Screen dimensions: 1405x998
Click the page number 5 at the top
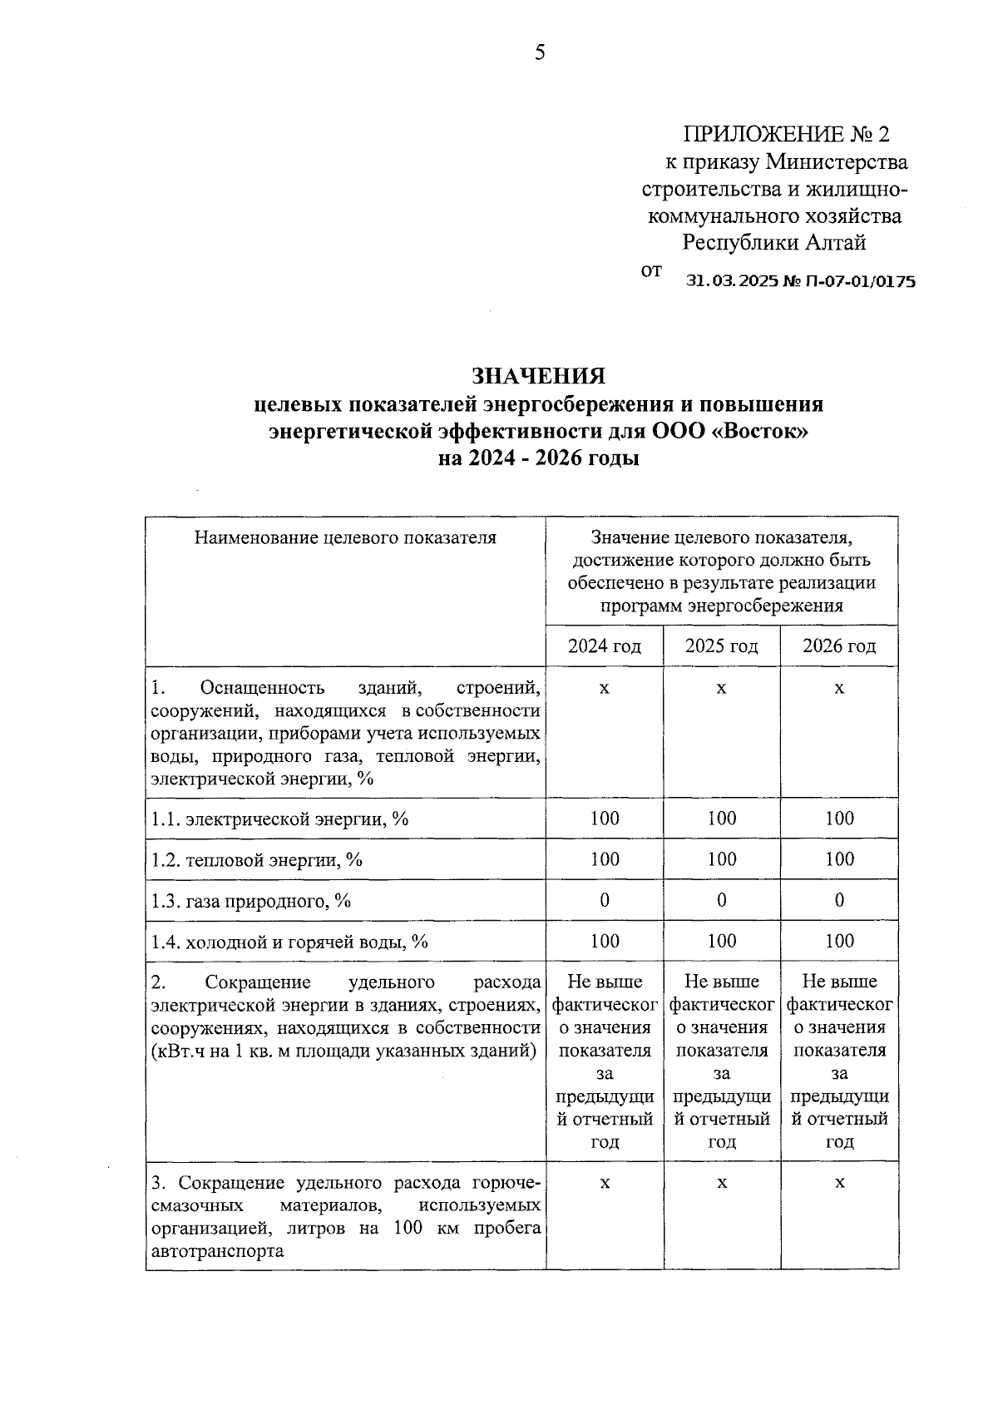pos(540,53)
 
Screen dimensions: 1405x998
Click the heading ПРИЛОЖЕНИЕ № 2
pos(786,134)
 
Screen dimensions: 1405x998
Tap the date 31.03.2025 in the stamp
pos(731,282)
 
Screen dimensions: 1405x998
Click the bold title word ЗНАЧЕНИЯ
pos(539,376)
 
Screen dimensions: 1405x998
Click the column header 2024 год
pos(605,646)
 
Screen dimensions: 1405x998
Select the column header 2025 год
pos(721,646)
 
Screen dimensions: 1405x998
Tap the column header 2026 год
pos(839,646)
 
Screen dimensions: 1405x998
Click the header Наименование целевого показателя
pos(345,537)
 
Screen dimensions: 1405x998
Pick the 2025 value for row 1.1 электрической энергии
pos(721,819)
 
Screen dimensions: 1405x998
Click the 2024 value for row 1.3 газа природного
pos(605,900)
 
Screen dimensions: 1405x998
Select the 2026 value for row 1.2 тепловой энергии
pos(839,859)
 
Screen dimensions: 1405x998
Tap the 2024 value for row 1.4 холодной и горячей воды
pos(605,941)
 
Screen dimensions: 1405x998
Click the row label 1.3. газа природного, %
pos(251,901)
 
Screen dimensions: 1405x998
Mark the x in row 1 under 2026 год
pos(839,689)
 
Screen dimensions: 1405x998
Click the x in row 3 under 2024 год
pos(605,1183)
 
